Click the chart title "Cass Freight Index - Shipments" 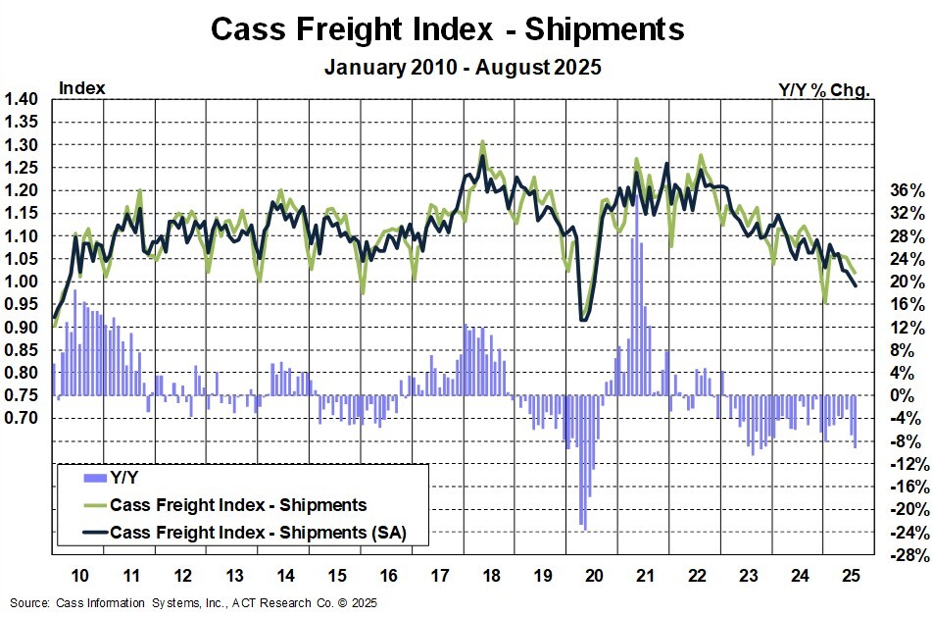coord(448,29)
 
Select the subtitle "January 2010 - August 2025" coord(462,68)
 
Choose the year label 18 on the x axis coord(489,574)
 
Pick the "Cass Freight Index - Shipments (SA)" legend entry coord(258,532)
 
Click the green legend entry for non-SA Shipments coord(238,505)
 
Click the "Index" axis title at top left coord(82,88)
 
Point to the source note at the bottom coord(193,603)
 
